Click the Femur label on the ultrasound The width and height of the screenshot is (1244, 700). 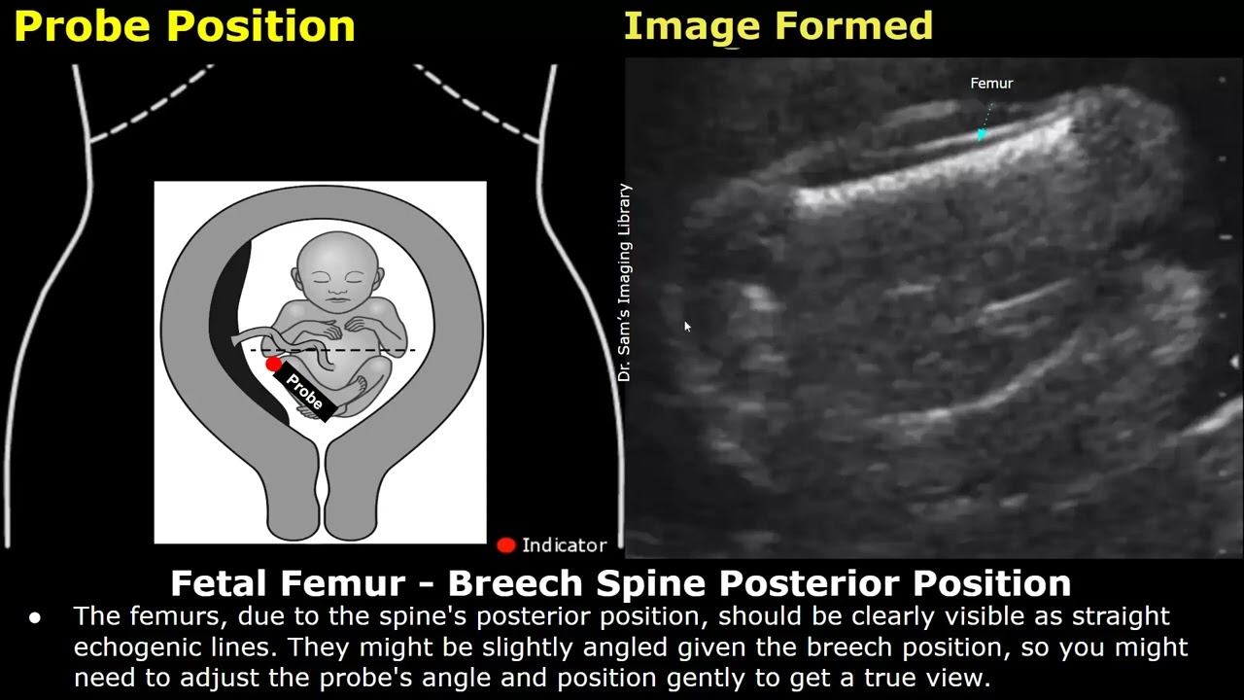click(x=991, y=84)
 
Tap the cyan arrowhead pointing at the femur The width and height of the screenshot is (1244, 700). click(x=983, y=134)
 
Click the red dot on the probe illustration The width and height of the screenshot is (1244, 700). click(x=274, y=364)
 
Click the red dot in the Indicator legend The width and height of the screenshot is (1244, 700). click(x=505, y=545)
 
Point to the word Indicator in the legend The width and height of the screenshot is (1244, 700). click(x=564, y=545)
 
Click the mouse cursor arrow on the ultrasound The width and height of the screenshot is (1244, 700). click(x=687, y=328)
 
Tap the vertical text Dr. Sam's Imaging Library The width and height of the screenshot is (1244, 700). click(x=624, y=282)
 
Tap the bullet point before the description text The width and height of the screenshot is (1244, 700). click(x=36, y=617)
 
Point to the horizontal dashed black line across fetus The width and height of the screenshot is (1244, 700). click(x=379, y=350)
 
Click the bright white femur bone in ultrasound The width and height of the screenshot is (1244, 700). click(x=933, y=165)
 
